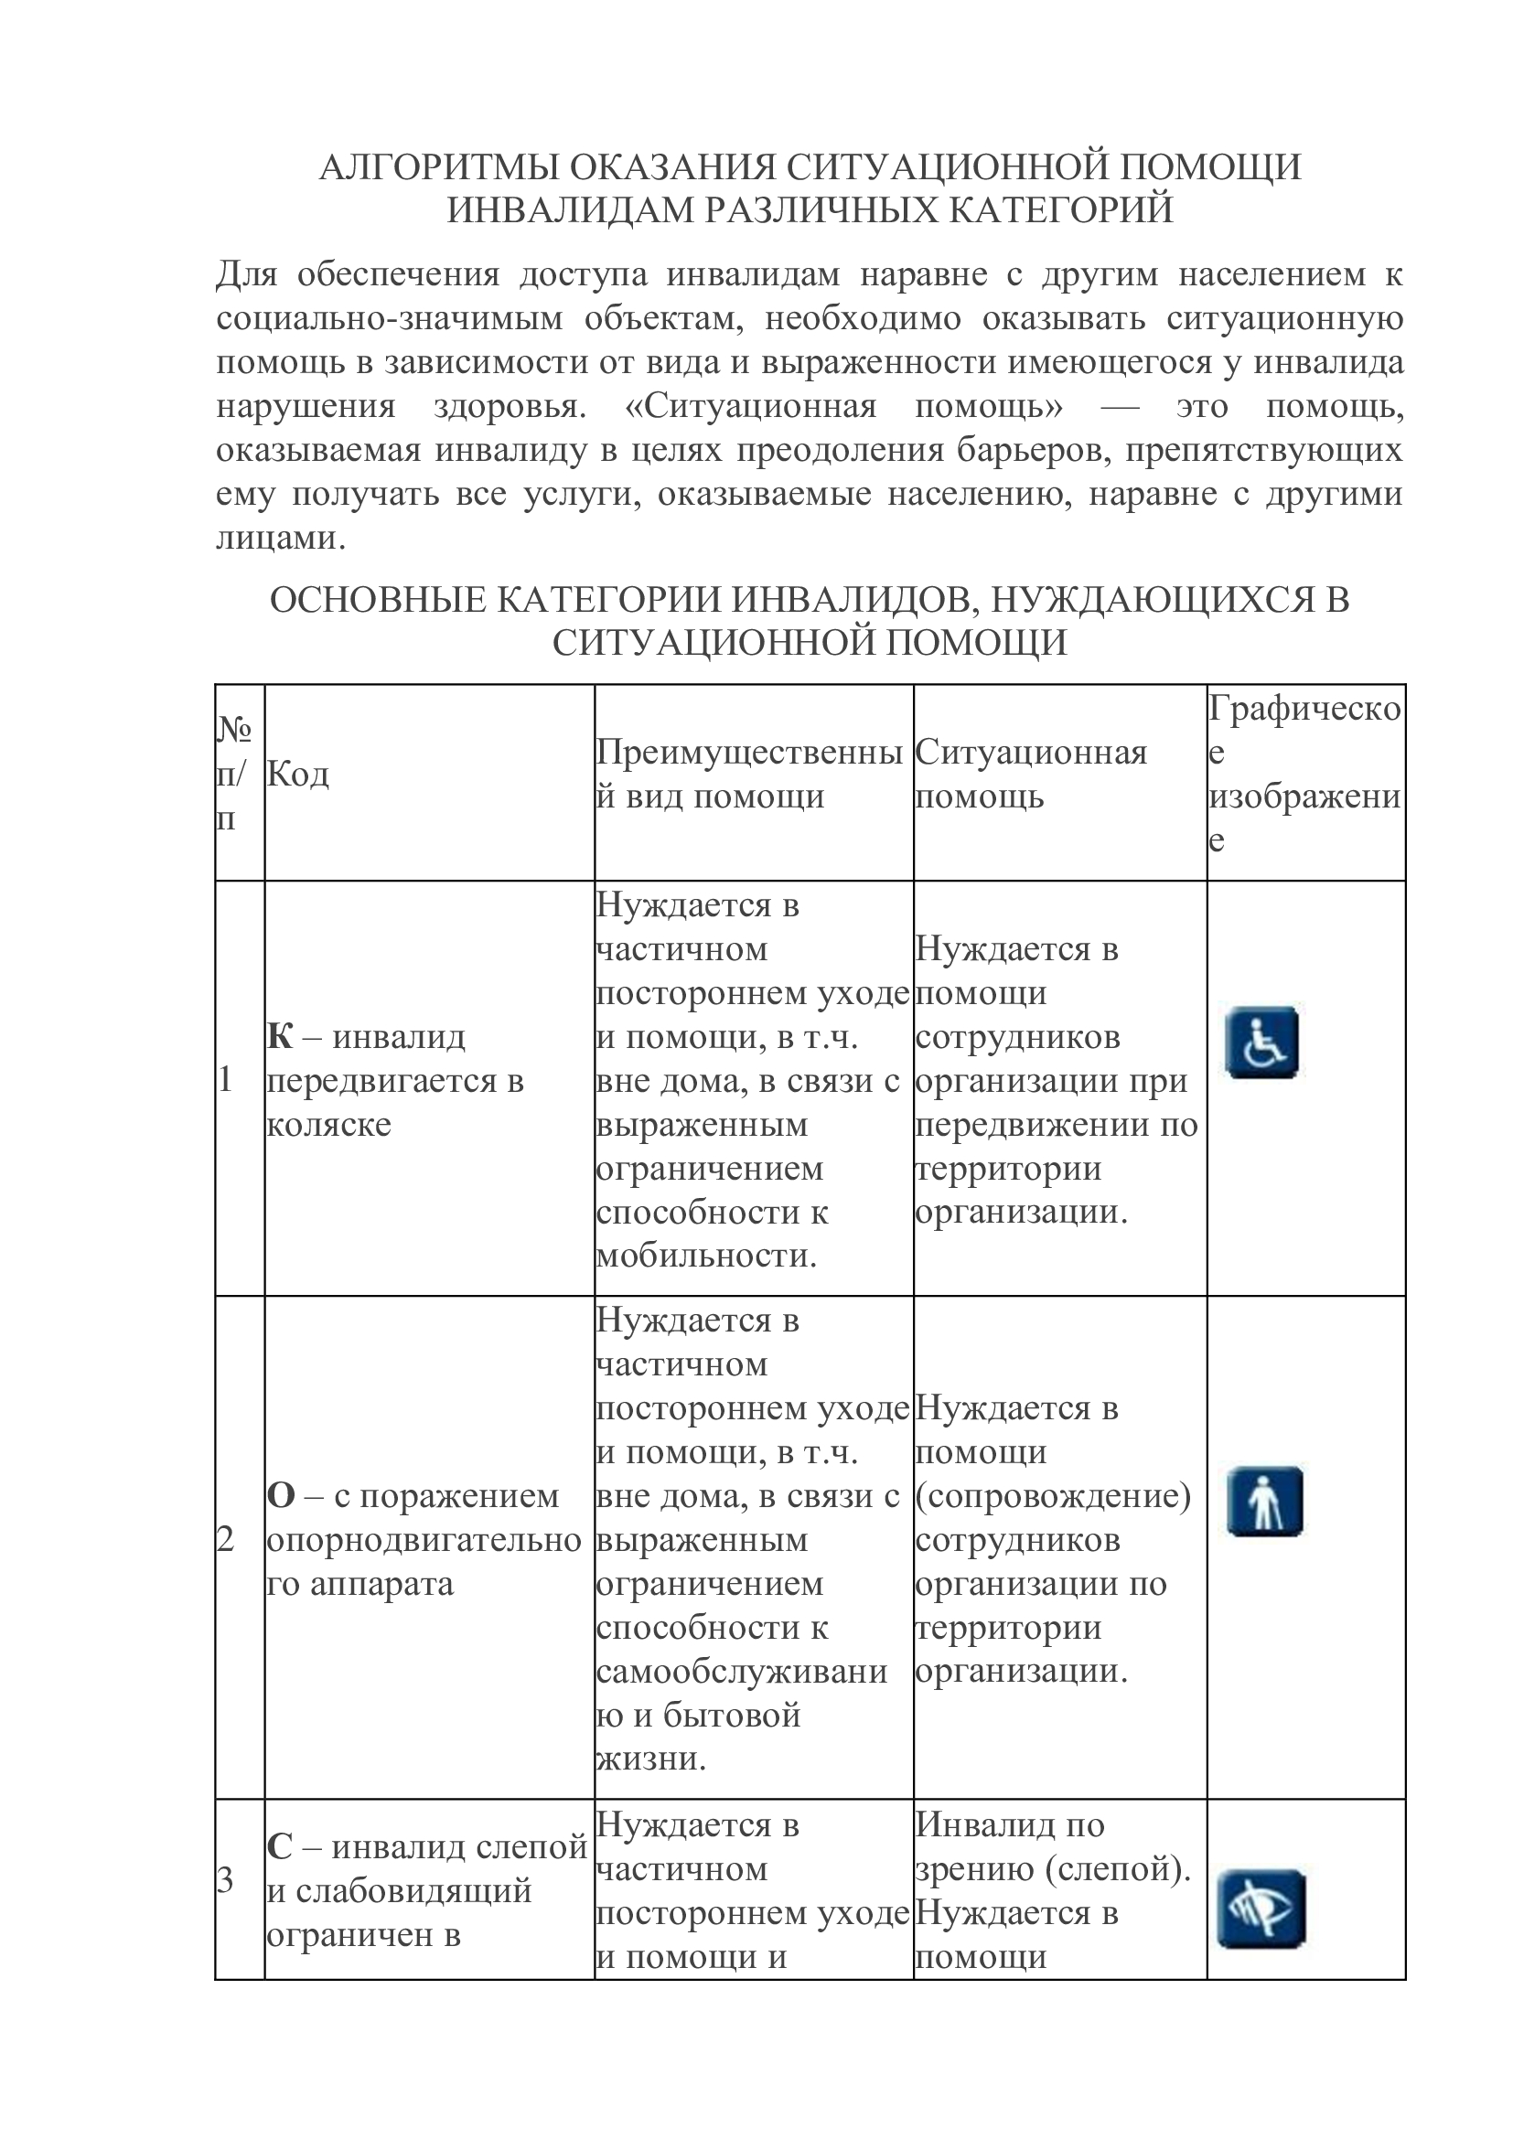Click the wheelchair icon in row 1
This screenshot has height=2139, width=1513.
point(1261,1043)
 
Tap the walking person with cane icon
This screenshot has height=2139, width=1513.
point(1264,1501)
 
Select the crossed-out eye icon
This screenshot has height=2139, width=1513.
point(1261,1909)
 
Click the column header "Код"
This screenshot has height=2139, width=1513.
point(298,775)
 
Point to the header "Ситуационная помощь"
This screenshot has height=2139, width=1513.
point(1030,775)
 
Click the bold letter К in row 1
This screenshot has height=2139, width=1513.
point(280,1037)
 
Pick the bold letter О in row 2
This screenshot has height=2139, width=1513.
point(281,1496)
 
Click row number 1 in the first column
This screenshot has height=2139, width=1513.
point(224,1081)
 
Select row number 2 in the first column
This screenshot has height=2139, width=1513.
point(225,1540)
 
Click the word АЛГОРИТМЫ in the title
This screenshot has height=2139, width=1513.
point(438,167)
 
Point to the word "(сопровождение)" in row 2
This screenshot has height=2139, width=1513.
point(1053,1496)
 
